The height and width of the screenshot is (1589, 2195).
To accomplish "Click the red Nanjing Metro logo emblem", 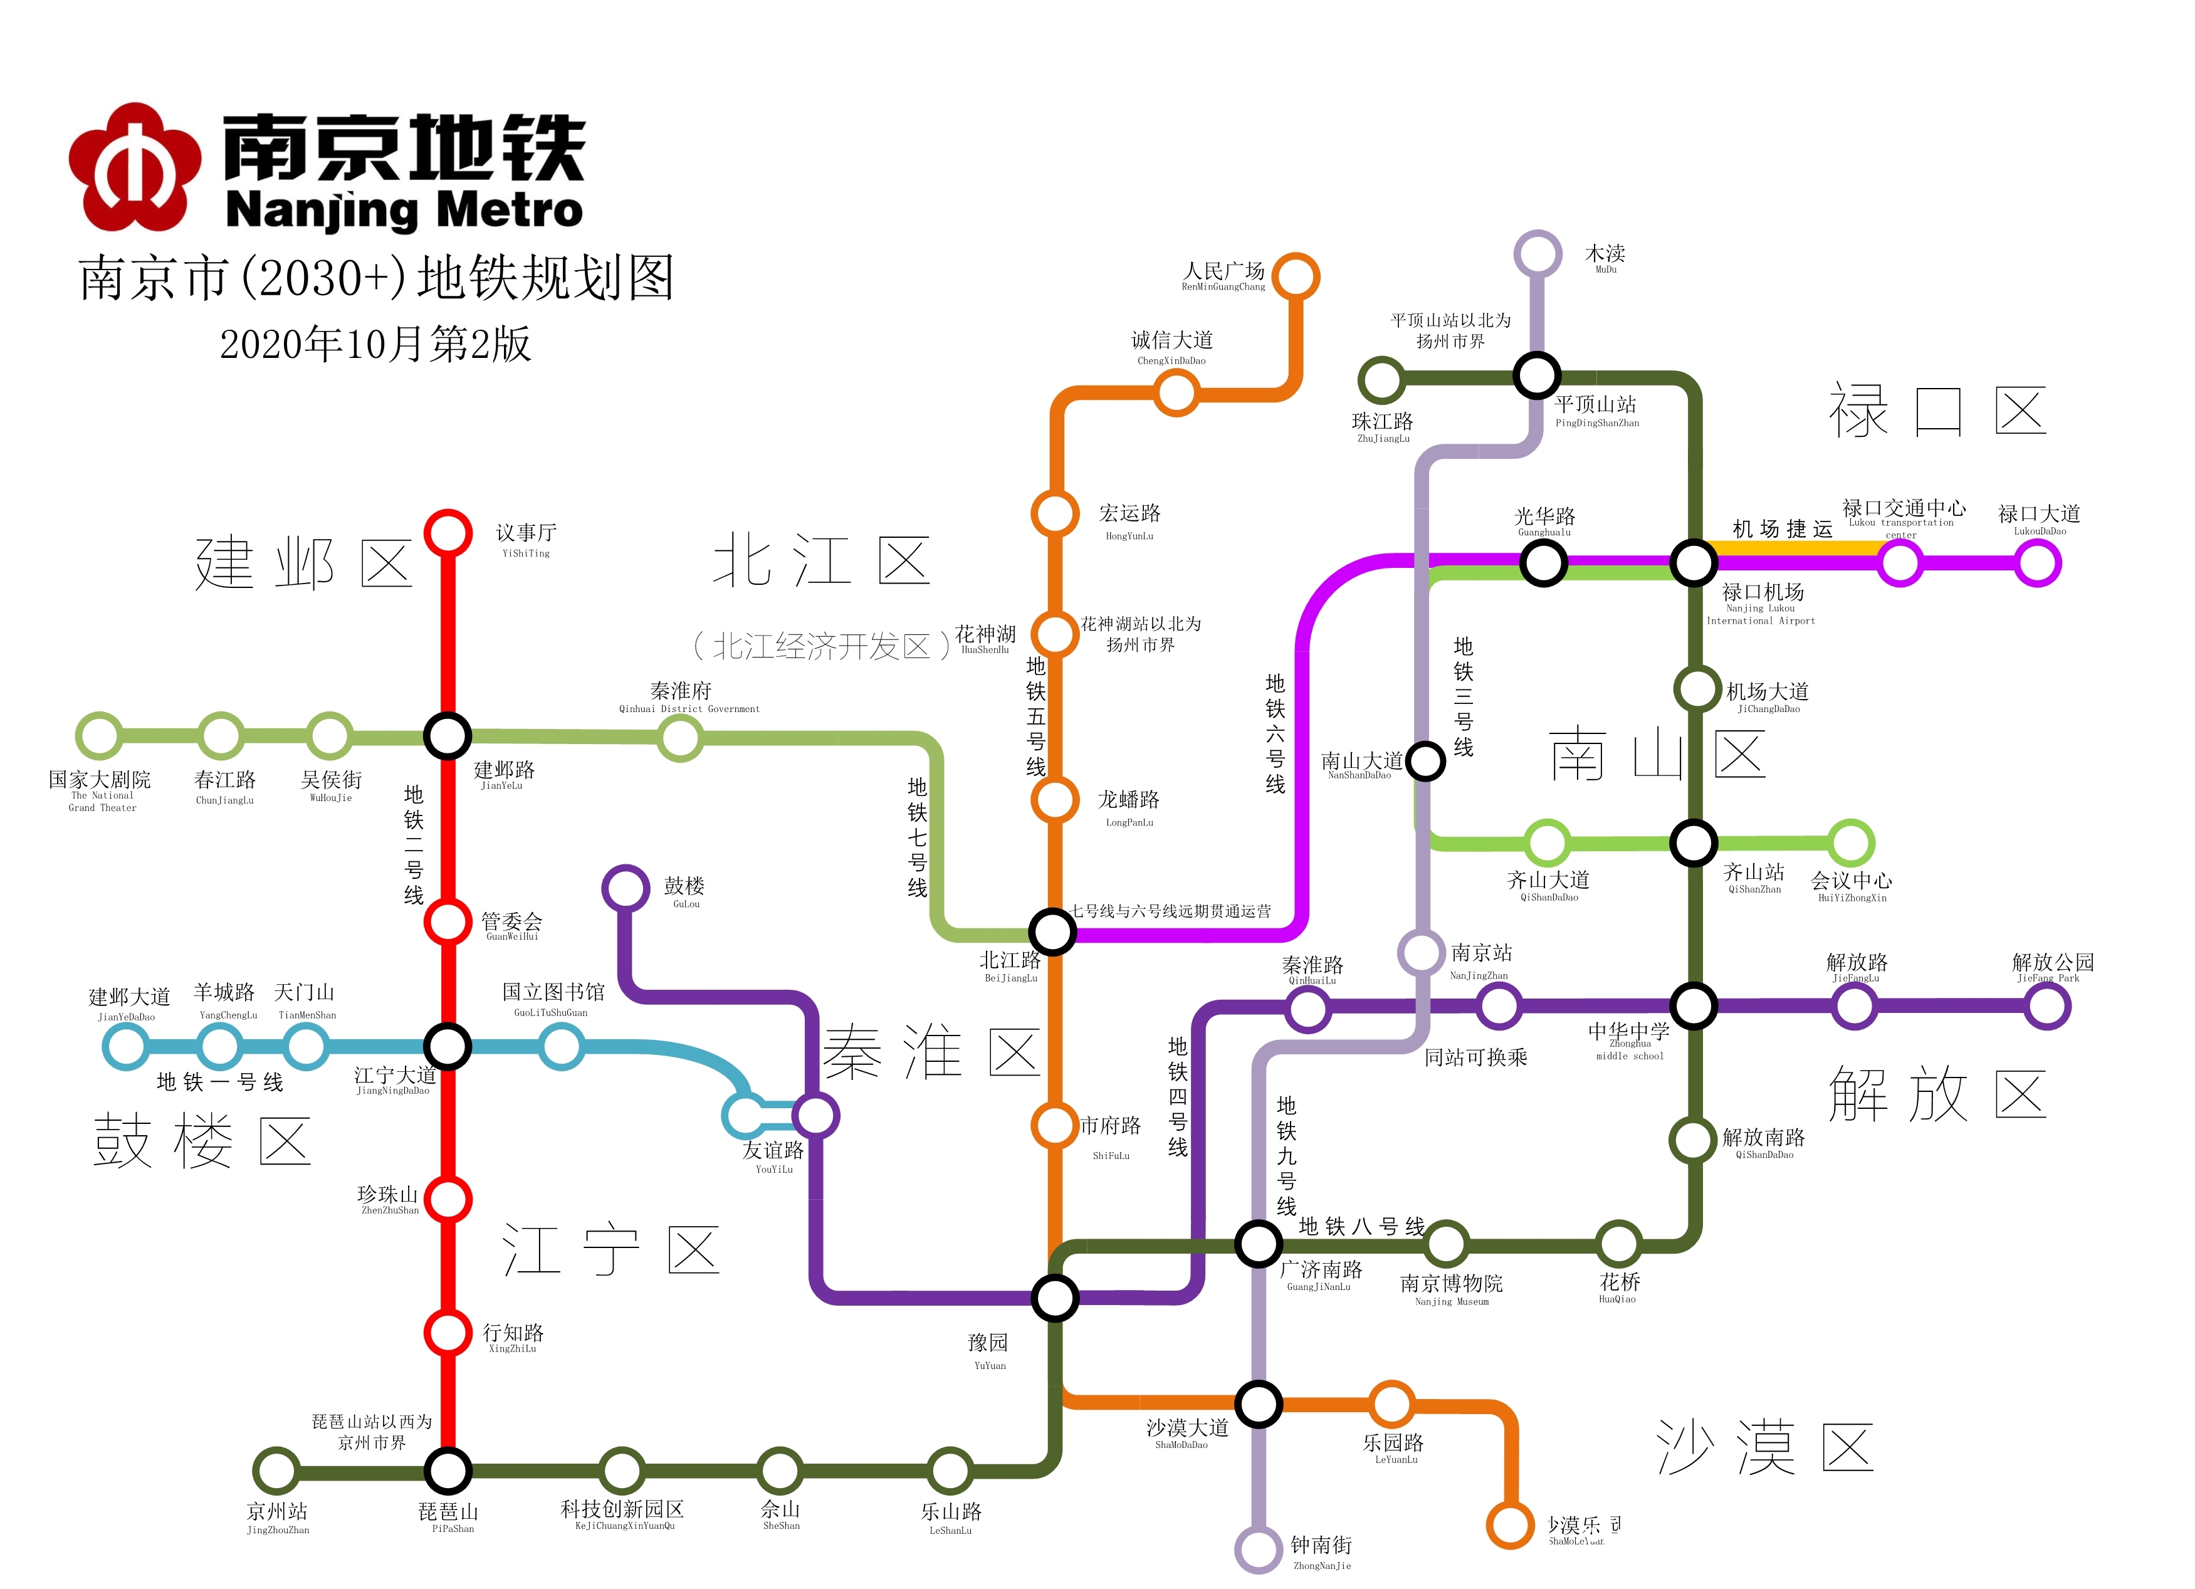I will pyautogui.click(x=135, y=167).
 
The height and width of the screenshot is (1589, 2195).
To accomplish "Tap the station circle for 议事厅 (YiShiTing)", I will pyautogui.click(x=448, y=533).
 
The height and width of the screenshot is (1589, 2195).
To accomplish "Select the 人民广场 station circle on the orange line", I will pyautogui.click(x=1296, y=278).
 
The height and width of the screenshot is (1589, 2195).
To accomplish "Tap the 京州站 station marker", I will pyautogui.click(x=276, y=1471).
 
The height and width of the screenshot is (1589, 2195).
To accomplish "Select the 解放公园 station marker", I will pyautogui.click(x=2048, y=1007).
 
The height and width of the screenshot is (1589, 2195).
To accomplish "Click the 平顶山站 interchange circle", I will pyautogui.click(x=1537, y=375).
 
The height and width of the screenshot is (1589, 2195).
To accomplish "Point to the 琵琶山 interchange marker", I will pyautogui.click(x=448, y=1471).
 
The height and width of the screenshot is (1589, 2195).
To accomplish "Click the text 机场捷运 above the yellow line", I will pyautogui.click(x=1782, y=528).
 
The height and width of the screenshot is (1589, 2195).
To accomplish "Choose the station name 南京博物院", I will pyautogui.click(x=1451, y=1283).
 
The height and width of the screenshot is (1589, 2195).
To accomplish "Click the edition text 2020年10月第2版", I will pyautogui.click(x=375, y=343).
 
